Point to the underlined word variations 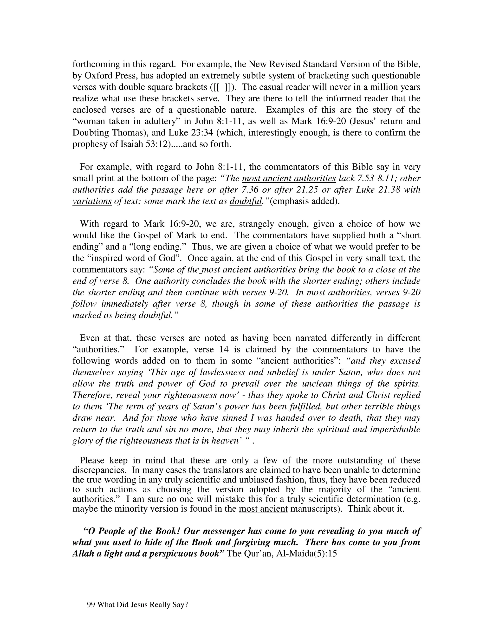92,201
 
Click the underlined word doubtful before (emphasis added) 246,201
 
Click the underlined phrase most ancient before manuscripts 263,508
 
